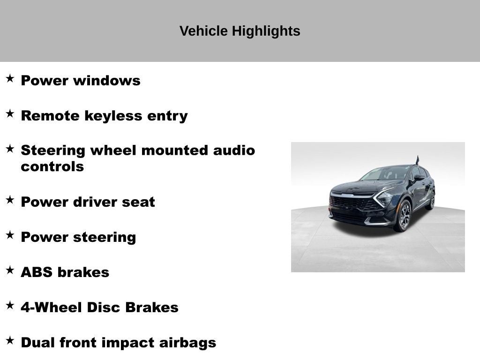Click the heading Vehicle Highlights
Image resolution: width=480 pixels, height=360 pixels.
(x=240, y=31)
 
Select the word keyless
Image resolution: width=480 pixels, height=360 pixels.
(x=109, y=116)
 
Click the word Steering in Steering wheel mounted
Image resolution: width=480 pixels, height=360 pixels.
(x=53, y=150)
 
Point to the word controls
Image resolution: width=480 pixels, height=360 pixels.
(x=52, y=167)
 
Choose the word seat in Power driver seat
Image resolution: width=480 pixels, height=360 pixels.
(x=138, y=202)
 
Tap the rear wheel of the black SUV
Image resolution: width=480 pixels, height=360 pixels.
(x=431, y=201)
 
